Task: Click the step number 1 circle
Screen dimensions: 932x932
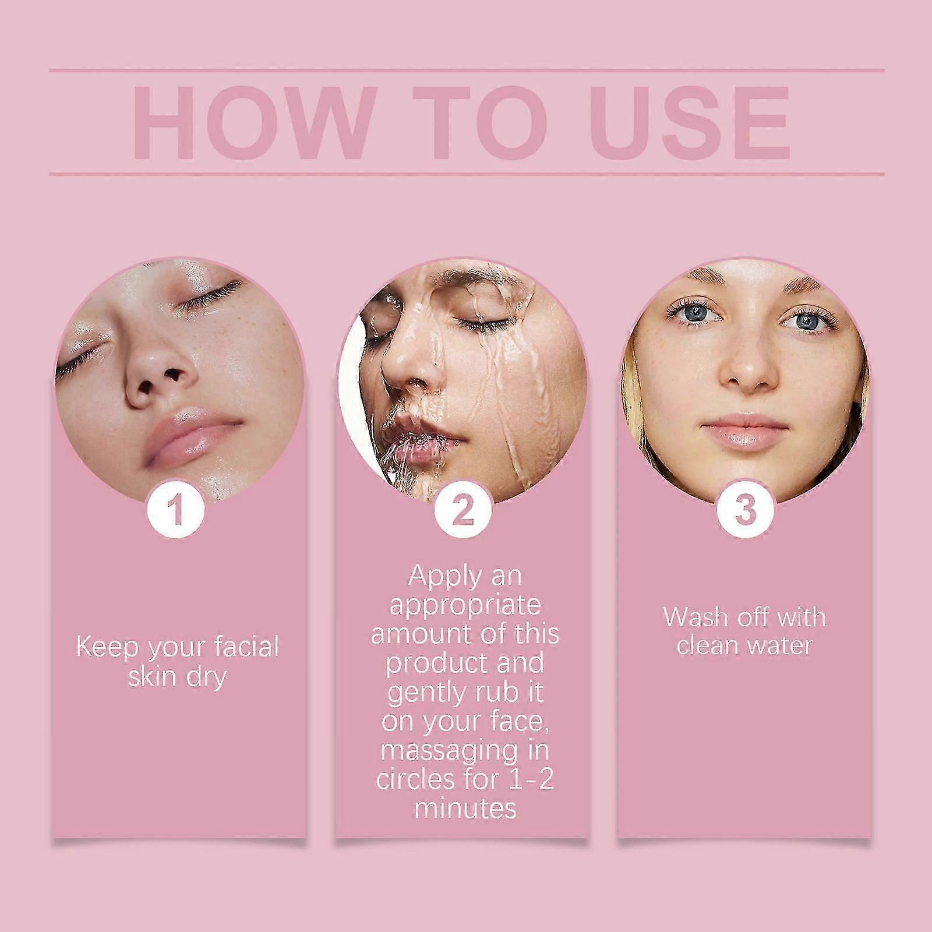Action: (x=176, y=509)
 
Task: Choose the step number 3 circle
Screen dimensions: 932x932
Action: (x=745, y=509)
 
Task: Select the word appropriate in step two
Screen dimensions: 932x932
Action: (x=465, y=606)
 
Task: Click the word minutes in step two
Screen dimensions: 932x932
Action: (x=465, y=808)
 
